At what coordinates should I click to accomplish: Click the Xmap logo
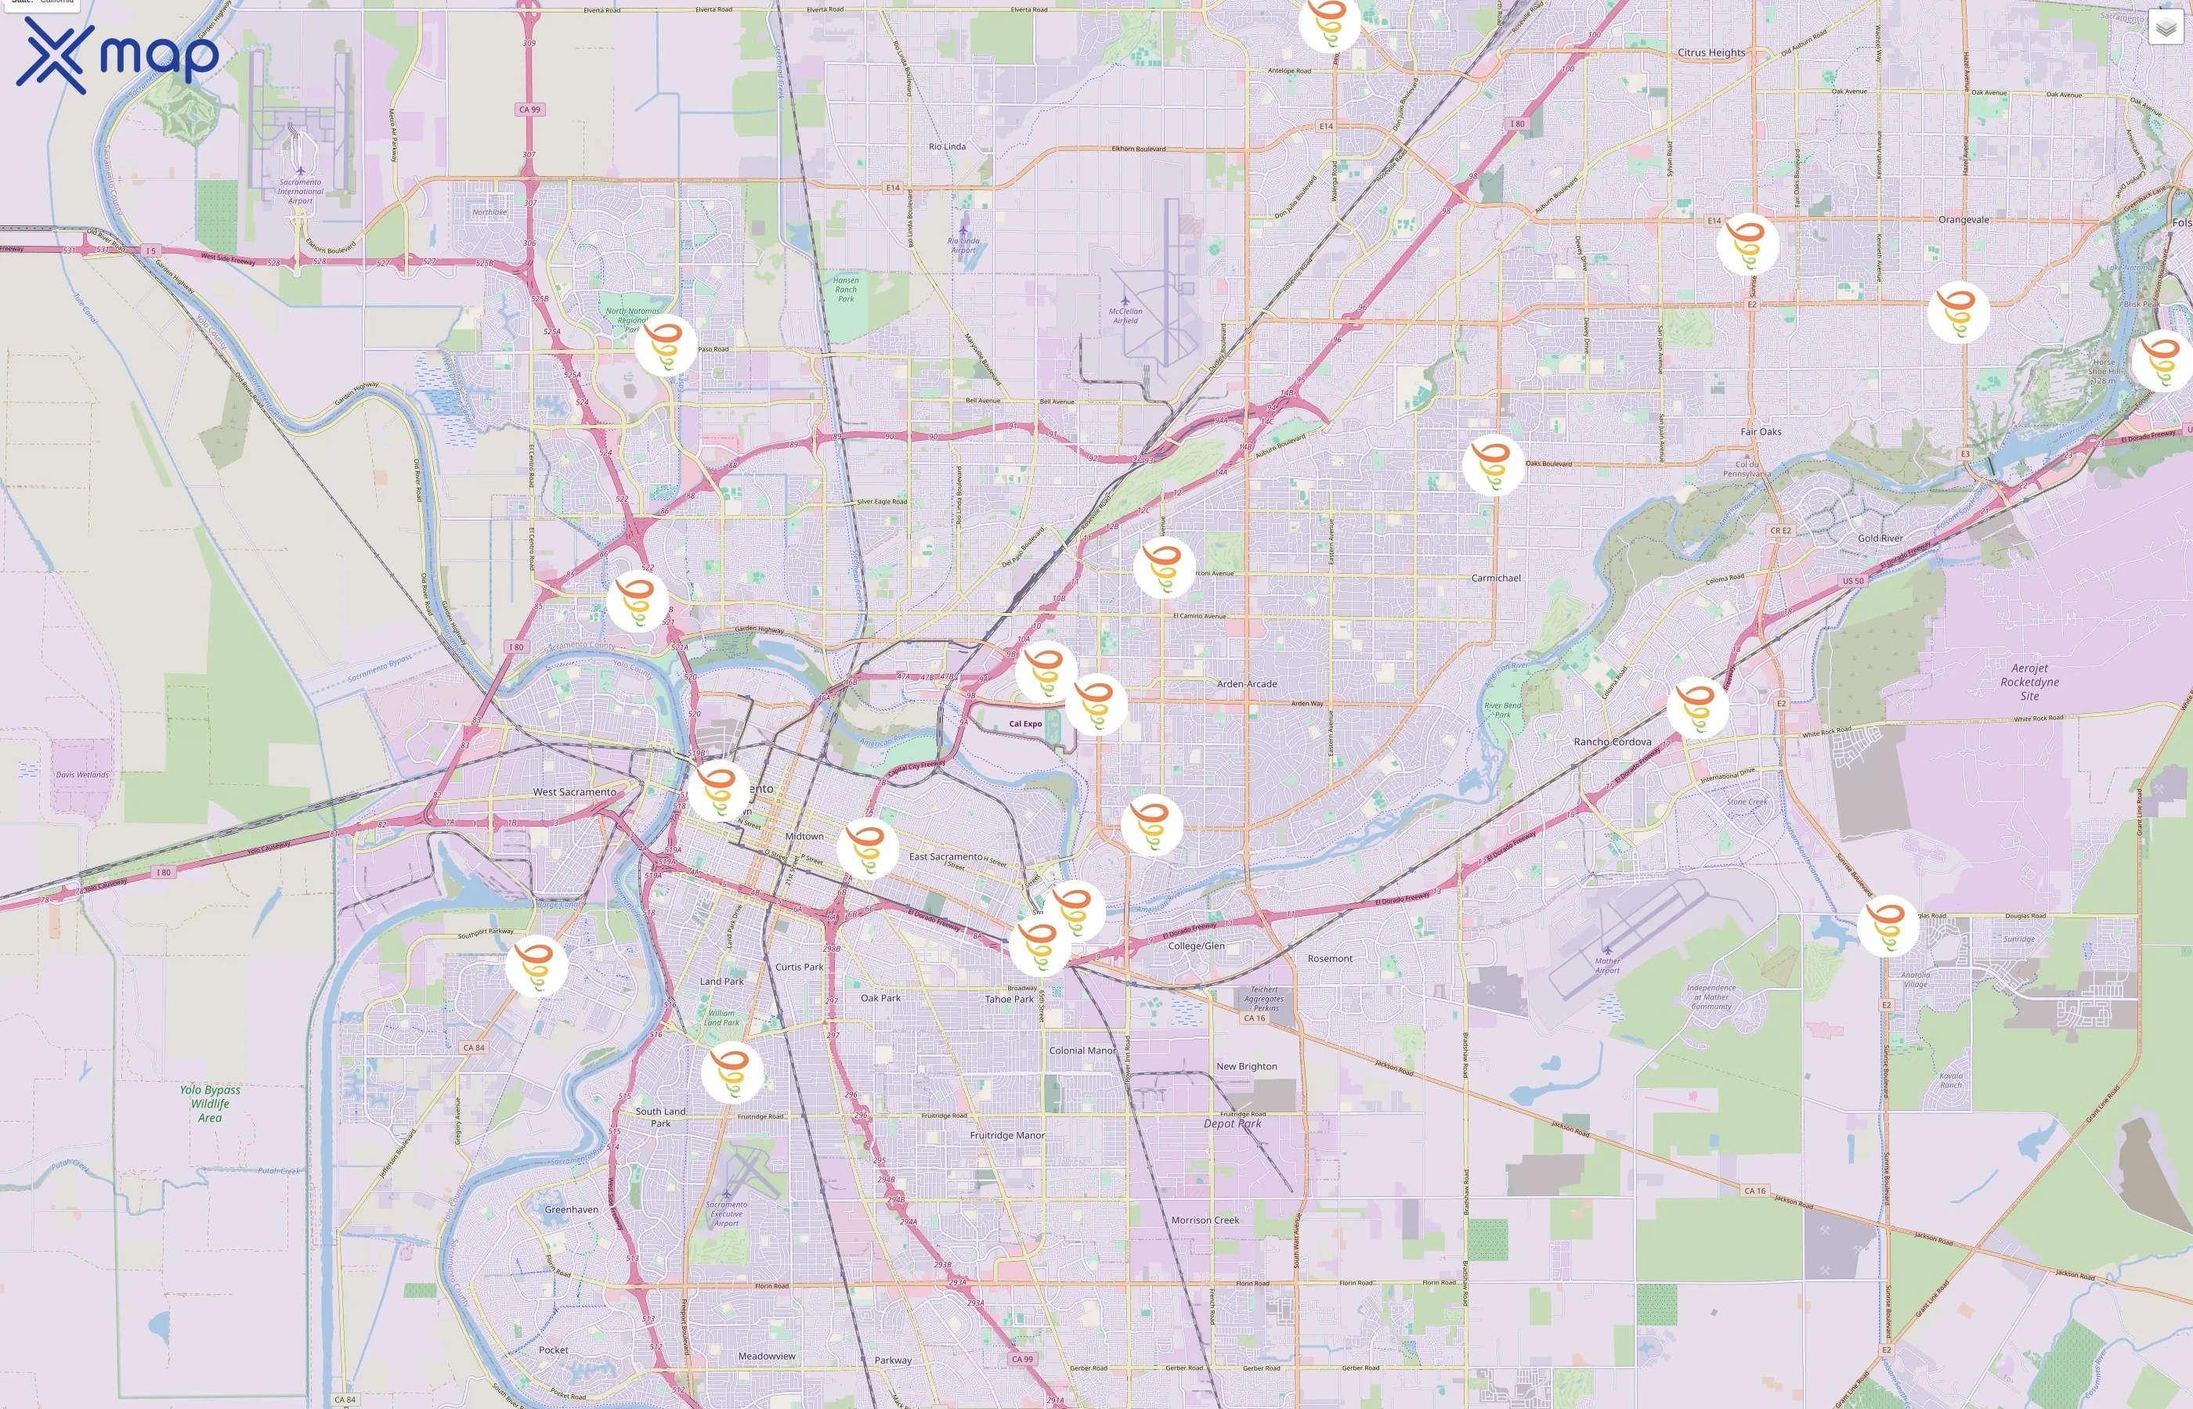[117, 55]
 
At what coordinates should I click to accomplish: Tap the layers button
[2165, 28]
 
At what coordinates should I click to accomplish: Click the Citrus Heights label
[1711, 53]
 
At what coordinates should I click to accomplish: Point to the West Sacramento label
[574, 792]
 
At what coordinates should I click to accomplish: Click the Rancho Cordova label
[1612, 742]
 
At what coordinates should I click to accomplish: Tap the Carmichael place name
[1496, 578]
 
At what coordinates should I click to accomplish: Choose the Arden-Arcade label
[1247, 684]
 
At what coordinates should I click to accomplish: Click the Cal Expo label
[1025, 724]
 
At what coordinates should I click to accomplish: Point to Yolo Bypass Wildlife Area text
[210, 1104]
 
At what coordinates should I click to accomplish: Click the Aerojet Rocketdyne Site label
[2029, 682]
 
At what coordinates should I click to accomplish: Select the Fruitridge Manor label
[1006, 1136]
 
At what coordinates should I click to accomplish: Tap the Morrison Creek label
[1205, 1220]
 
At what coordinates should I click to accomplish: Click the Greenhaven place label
[571, 1209]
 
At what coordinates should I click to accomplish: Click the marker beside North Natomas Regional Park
[666, 345]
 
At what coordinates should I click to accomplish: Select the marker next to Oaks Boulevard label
[1493, 465]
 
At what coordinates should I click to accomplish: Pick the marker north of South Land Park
[732, 1072]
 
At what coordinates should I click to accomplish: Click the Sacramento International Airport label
[300, 191]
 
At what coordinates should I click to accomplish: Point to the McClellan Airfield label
[1125, 315]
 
